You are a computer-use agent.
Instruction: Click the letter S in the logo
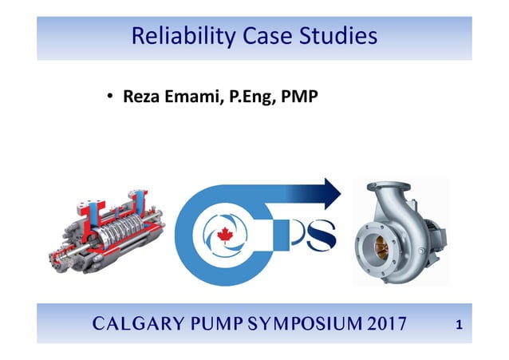(319, 237)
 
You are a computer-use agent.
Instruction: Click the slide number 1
(459, 324)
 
